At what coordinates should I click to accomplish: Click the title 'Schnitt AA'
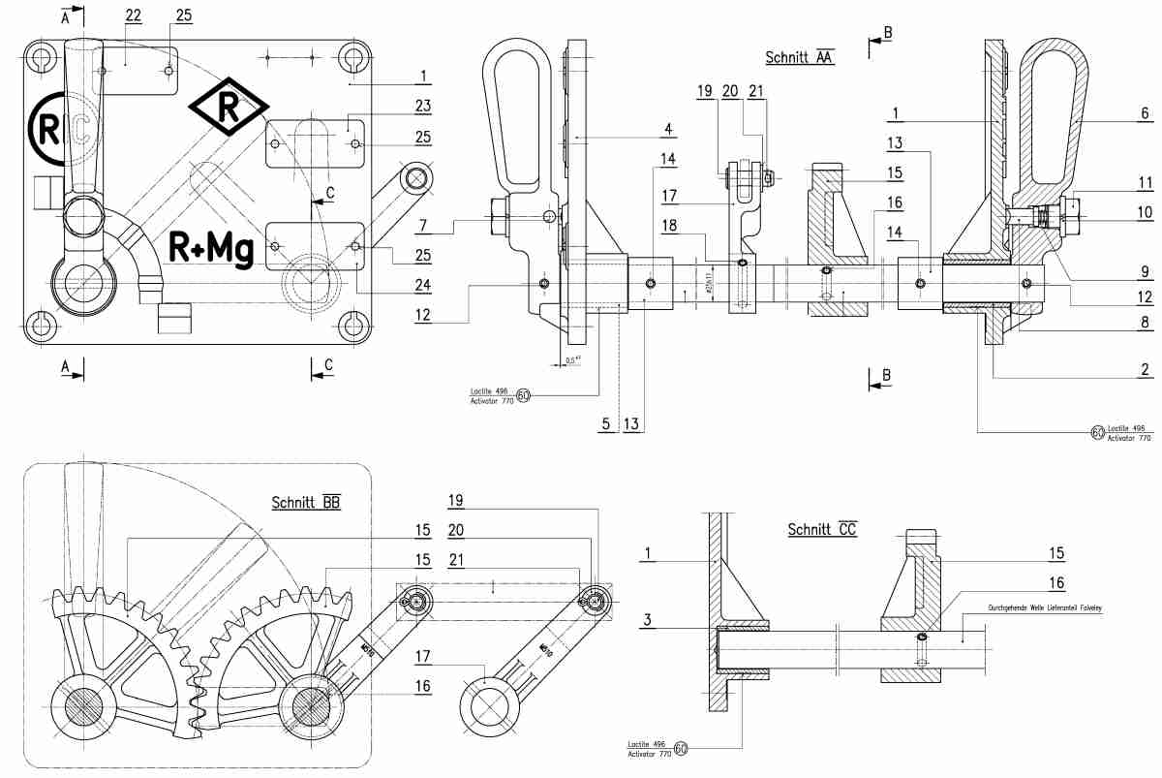(799, 57)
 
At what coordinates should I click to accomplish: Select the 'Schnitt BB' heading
(306, 502)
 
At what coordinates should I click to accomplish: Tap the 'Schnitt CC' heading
(822, 529)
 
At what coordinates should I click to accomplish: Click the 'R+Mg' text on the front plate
(211, 248)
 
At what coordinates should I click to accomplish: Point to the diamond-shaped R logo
(229, 108)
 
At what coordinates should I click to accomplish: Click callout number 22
(132, 16)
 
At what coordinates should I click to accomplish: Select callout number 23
(422, 106)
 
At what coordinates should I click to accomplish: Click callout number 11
(1145, 181)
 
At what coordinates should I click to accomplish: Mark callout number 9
(1145, 270)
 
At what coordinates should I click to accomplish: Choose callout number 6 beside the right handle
(1145, 111)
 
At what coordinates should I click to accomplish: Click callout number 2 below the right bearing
(1144, 369)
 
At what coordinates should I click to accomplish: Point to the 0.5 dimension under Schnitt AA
(572, 359)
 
